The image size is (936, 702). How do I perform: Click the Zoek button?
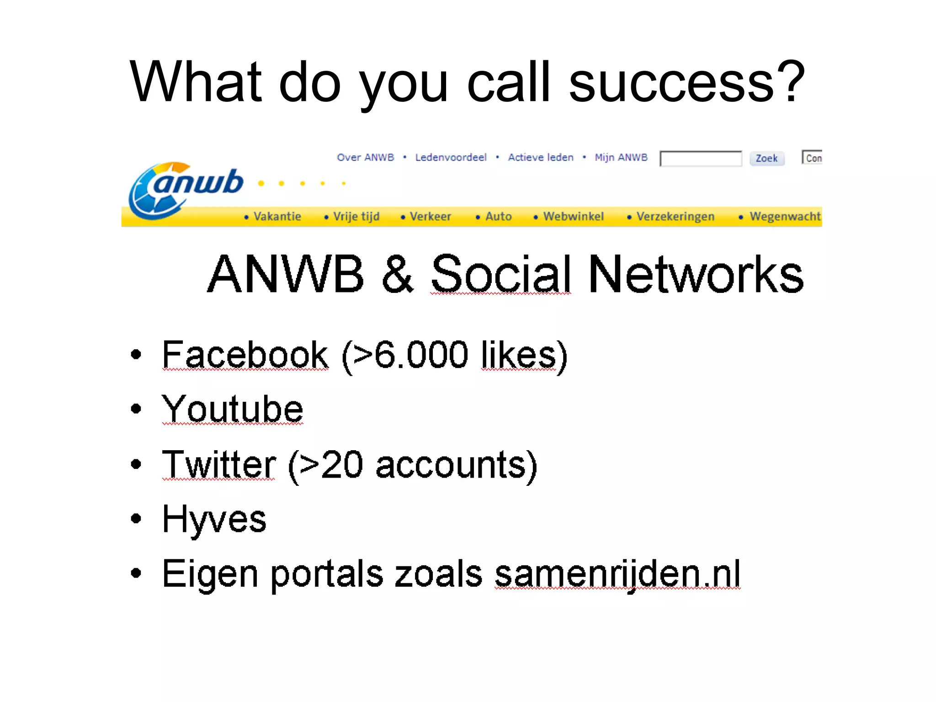pos(766,159)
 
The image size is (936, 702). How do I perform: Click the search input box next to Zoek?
pos(700,159)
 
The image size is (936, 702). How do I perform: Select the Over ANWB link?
pos(365,158)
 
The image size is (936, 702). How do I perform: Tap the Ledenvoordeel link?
pos(451,158)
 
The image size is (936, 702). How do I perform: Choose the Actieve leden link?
pos(541,158)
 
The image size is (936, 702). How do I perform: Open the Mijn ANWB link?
pos(621,158)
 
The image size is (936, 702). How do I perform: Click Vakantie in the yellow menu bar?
pos(277,217)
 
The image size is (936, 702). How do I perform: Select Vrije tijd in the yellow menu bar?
pos(356,217)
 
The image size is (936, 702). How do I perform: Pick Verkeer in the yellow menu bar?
pos(430,217)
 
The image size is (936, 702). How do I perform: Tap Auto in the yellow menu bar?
pos(498,217)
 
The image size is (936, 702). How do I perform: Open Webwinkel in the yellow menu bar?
pos(573,217)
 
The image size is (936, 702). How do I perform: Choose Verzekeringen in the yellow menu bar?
pos(675,217)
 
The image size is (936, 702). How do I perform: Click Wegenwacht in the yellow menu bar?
pos(785,217)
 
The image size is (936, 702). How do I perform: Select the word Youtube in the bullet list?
pos(233,409)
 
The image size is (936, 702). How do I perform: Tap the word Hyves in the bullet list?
pos(214,519)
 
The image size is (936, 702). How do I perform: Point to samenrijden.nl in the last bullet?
pos(617,574)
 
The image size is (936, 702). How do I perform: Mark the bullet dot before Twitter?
pos(136,464)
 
